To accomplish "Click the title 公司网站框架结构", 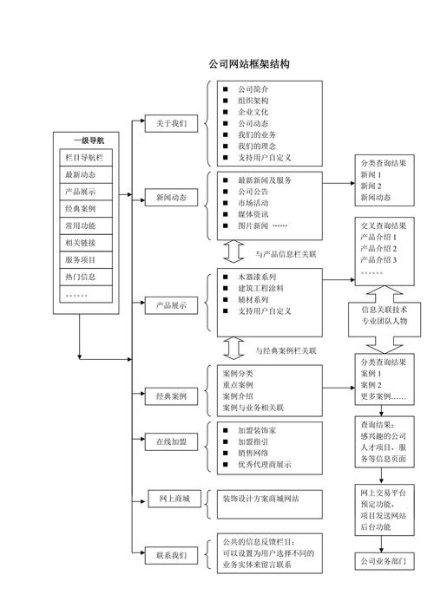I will pos(248,64).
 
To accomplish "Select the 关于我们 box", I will pos(171,123).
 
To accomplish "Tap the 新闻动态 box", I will pos(171,198).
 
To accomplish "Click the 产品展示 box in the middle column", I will pos(171,305).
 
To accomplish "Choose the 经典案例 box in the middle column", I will pos(171,396).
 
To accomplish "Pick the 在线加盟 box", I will pos(171,441).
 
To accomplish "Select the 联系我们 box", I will pos(171,555).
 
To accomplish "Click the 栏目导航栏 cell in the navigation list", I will pos(84,158).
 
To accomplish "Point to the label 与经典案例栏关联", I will pos(286,350).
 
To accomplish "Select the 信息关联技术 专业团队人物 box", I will pos(389,315).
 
